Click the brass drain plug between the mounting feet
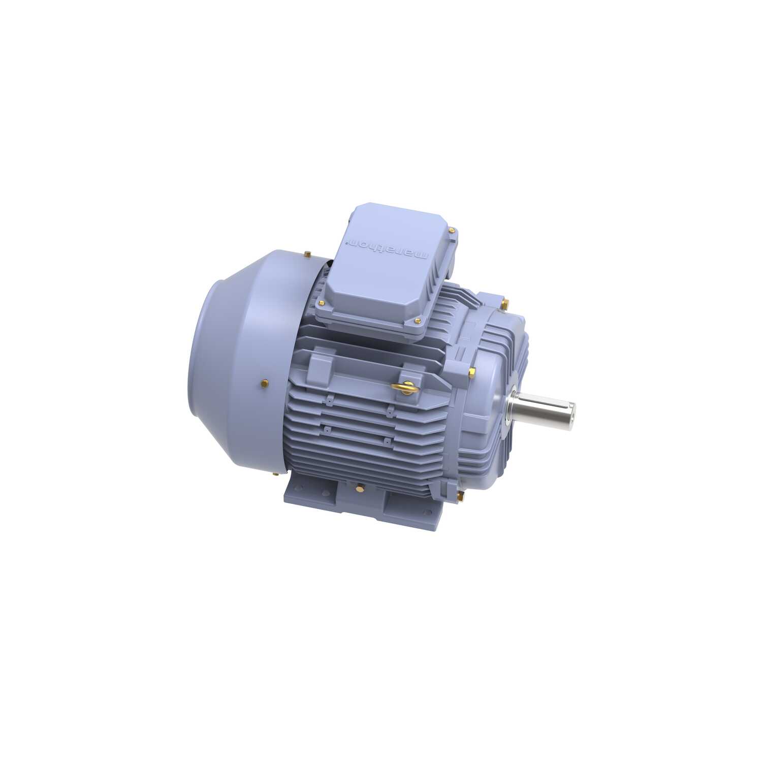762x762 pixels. pyautogui.click(x=360, y=489)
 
